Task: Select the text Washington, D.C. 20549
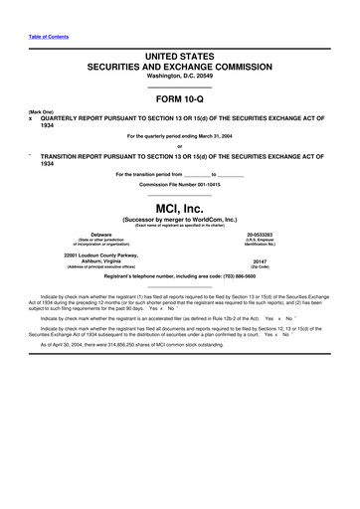pyautogui.click(x=180, y=73)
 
